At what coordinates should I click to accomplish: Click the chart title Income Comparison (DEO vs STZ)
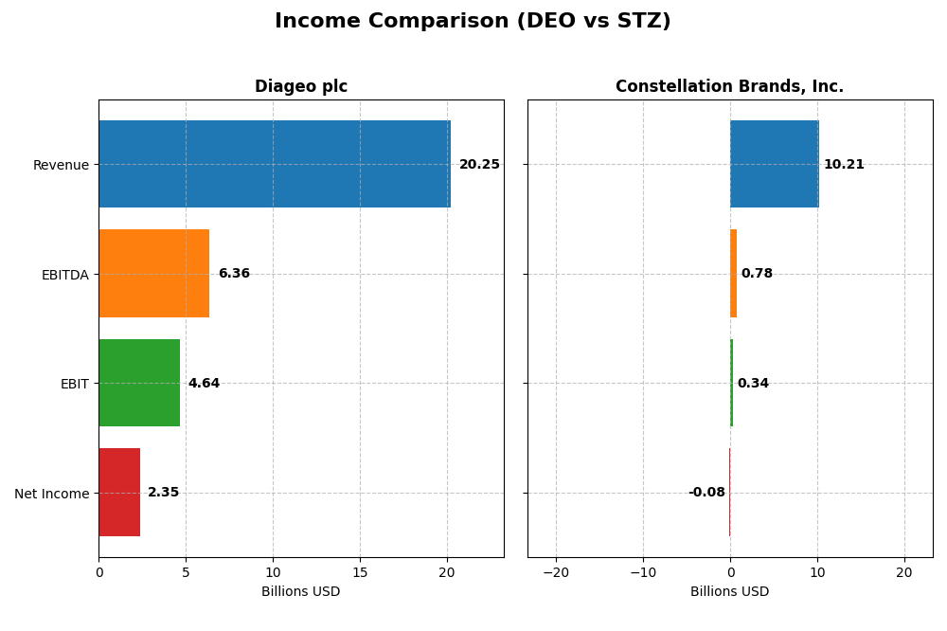click(473, 21)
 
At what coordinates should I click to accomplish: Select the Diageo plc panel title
click(301, 86)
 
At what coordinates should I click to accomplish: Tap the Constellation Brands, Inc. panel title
click(729, 86)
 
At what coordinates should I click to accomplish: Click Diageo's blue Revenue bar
click(275, 164)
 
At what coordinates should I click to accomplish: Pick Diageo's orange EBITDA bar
click(153, 273)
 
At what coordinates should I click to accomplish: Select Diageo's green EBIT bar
click(139, 383)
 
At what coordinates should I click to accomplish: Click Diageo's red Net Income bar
click(119, 492)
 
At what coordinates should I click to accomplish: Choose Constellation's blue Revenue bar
click(774, 164)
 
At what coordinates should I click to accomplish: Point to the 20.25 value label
click(479, 165)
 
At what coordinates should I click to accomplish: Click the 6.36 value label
click(234, 274)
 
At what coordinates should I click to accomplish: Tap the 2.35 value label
click(163, 493)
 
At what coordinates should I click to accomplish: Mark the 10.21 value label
click(844, 165)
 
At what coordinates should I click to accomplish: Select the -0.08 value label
click(706, 493)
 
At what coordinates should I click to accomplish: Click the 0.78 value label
click(757, 274)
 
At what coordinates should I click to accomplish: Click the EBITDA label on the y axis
click(64, 275)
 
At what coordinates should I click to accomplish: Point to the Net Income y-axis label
click(51, 494)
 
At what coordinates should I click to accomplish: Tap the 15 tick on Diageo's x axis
click(360, 572)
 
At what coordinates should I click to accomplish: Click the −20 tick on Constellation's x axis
click(555, 572)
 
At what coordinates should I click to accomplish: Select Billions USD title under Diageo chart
click(300, 592)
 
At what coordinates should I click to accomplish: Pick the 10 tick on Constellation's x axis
click(817, 572)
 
